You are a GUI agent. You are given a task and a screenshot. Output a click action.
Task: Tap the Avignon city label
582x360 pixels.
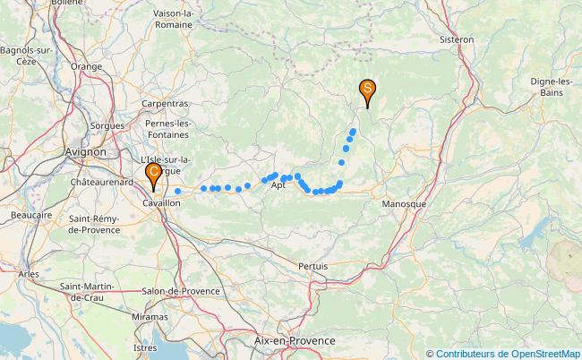[86, 151]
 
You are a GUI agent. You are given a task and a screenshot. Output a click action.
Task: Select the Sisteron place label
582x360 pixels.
[457, 40]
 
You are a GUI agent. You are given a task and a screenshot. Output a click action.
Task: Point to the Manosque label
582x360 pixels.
[403, 204]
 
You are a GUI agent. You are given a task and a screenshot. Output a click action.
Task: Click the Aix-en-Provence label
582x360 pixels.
[295, 341]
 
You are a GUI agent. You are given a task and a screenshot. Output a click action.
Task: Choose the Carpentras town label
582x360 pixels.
[165, 104]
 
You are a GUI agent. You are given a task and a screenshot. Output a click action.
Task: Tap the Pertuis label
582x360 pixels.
[312, 266]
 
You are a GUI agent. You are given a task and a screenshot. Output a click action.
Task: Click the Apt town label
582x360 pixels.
[278, 186]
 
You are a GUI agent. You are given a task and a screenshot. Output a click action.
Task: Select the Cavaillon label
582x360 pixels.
[162, 204]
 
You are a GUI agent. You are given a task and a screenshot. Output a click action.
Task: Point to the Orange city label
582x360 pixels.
[86, 67]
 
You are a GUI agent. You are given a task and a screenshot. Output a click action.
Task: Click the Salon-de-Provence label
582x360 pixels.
[181, 291]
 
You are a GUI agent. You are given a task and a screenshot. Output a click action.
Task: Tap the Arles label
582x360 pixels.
[28, 273]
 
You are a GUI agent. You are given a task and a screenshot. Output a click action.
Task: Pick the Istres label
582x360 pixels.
[144, 347]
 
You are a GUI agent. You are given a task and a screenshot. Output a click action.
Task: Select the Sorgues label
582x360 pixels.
[107, 126]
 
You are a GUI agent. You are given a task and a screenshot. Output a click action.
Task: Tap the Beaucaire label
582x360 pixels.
[30, 216]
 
